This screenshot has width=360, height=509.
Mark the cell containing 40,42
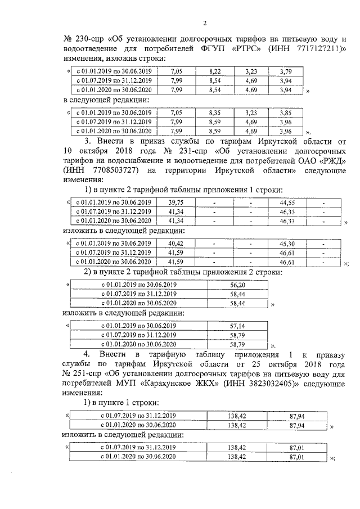coord(176,244)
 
